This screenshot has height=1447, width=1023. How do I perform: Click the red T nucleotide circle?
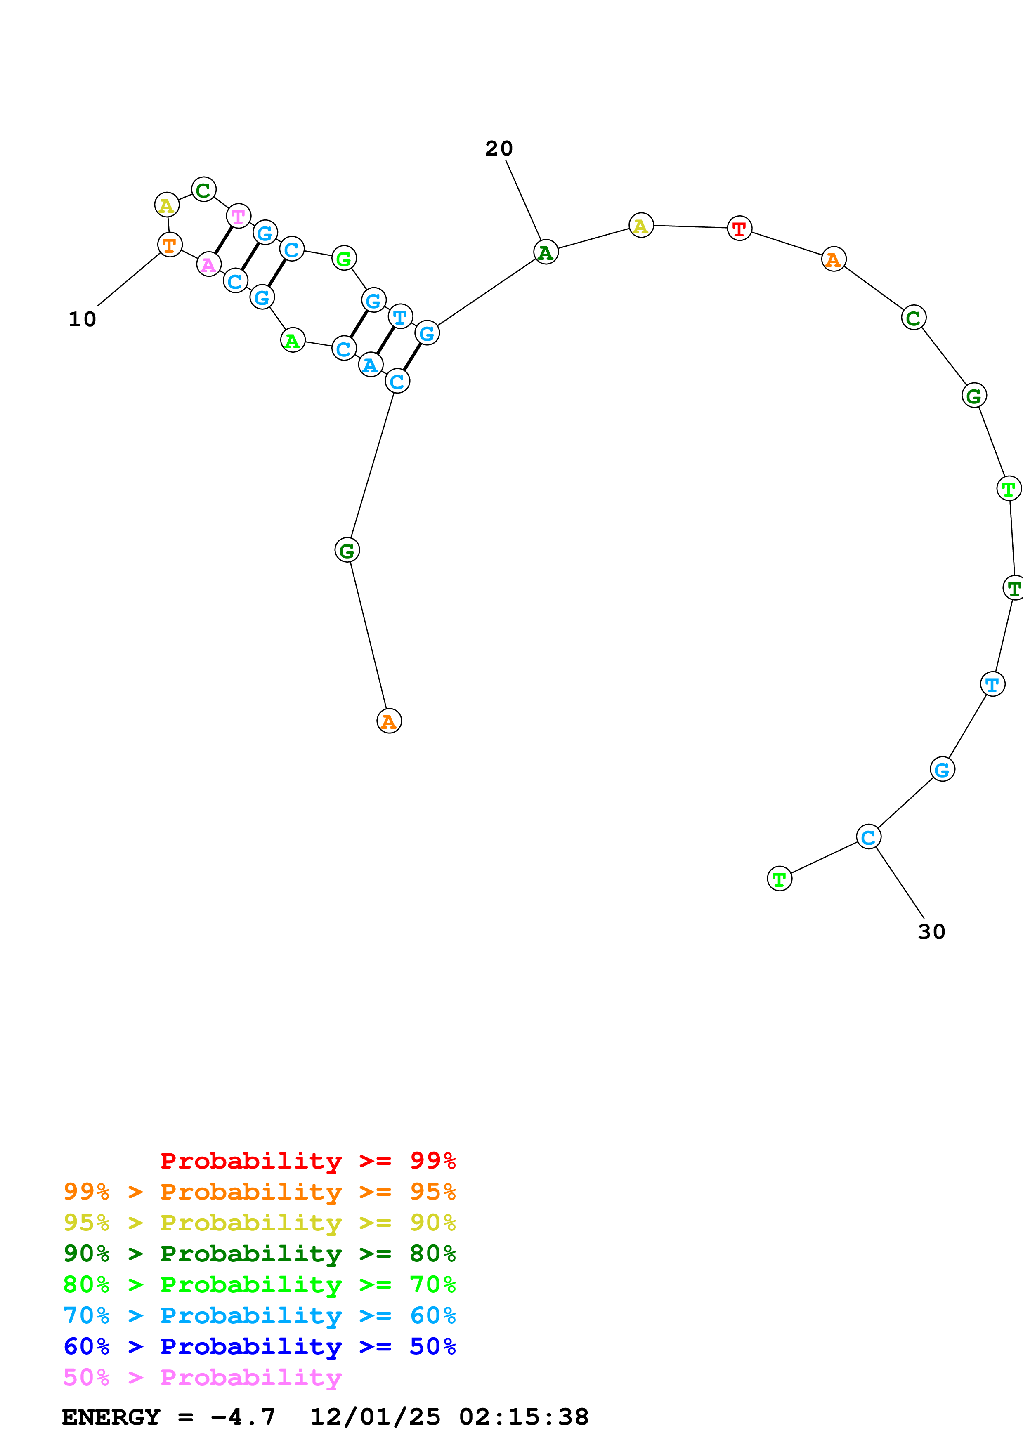click(x=739, y=228)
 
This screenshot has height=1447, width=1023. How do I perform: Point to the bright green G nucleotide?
click(x=343, y=258)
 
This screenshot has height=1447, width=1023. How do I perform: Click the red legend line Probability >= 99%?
click(x=307, y=1161)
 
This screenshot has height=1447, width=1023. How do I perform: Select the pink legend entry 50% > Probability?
click(x=202, y=1378)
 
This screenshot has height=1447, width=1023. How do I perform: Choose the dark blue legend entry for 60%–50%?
click(x=260, y=1347)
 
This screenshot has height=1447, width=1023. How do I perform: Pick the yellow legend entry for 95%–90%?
click(x=260, y=1223)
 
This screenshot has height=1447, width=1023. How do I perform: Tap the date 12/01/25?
click(x=375, y=1417)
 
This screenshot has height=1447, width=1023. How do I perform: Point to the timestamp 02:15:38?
click(x=524, y=1417)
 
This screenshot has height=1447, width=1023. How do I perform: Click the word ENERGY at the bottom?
click(x=111, y=1417)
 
